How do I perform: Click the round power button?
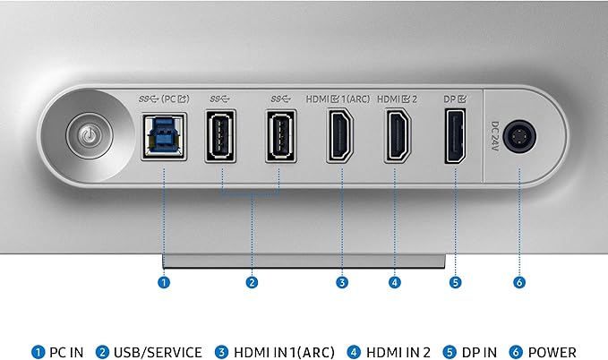click(90, 135)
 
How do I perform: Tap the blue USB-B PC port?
click(164, 136)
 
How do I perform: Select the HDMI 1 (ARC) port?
click(340, 135)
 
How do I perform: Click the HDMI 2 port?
click(398, 135)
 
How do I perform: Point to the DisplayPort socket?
click(455, 136)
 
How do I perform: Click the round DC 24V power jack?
click(519, 136)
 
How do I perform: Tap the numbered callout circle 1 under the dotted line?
click(164, 282)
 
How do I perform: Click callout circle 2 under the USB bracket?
click(252, 282)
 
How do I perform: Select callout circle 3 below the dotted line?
click(342, 282)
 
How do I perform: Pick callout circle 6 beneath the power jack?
click(519, 282)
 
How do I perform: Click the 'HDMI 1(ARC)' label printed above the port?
click(338, 99)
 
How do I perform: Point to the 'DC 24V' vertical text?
click(495, 136)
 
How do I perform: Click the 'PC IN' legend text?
click(66, 352)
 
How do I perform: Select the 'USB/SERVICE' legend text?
click(158, 352)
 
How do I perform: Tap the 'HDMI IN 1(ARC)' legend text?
click(284, 352)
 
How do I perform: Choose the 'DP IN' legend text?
click(479, 352)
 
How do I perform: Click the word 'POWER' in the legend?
click(552, 352)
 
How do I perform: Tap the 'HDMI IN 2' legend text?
click(398, 352)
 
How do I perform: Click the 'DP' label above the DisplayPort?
click(450, 99)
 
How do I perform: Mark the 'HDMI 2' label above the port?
click(397, 99)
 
